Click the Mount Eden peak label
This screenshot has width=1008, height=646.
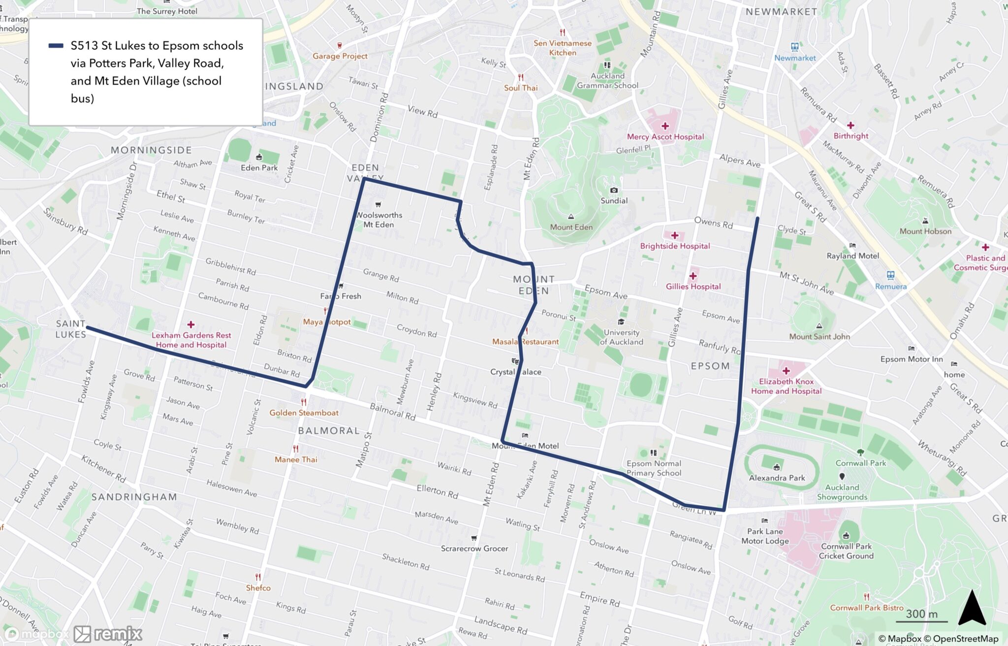click(x=571, y=227)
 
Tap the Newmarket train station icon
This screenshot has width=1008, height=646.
click(x=794, y=47)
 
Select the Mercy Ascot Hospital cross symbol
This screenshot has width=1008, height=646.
click(x=665, y=126)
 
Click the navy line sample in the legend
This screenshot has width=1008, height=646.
click(x=56, y=46)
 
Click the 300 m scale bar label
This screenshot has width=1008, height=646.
click(x=921, y=614)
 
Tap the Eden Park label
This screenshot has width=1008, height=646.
click(x=259, y=167)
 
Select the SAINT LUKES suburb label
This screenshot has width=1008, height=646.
click(x=70, y=329)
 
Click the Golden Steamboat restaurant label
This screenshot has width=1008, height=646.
click(x=304, y=413)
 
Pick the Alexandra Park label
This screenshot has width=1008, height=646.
click(x=777, y=478)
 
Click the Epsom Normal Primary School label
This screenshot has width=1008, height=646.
click(x=654, y=468)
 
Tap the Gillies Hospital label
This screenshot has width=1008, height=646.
click(x=693, y=286)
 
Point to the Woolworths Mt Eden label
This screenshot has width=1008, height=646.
click(x=379, y=220)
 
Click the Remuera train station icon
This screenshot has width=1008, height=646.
click(x=890, y=275)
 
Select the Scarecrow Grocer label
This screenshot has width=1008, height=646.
click(x=474, y=549)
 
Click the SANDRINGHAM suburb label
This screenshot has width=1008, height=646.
click(x=134, y=497)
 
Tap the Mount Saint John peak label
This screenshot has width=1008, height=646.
click(x=819, y=336)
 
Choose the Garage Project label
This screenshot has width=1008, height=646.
click(x=340, y=56)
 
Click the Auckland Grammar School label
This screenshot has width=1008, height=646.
click(x=607, y=80)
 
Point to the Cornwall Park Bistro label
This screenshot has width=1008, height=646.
click(x=867, y=608)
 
